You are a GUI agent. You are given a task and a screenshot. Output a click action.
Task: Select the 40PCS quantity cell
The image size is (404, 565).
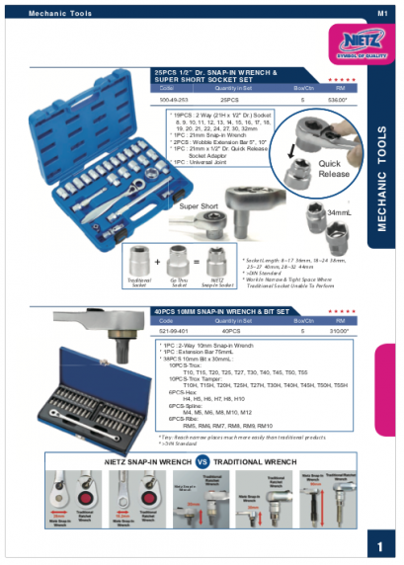(x=229, y=330)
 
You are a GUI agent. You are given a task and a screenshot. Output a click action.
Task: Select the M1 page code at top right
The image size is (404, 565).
(x=381, y=13)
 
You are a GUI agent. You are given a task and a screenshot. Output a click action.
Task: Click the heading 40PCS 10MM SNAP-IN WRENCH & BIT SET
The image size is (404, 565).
(x=220, y=311)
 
